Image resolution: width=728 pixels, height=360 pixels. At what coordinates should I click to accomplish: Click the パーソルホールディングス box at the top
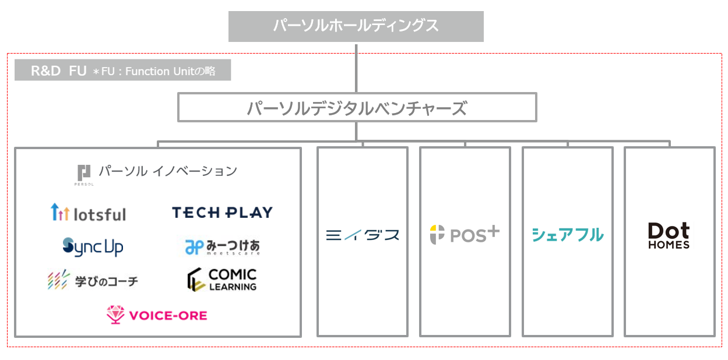(356, 26)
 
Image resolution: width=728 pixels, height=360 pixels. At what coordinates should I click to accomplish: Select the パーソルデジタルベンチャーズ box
(356, 108)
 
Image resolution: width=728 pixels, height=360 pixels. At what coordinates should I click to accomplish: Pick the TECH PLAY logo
(222, 213)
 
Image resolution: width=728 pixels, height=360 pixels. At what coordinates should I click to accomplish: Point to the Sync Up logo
(93, 247)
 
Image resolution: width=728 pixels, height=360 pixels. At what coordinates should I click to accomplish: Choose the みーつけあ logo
(222, 247)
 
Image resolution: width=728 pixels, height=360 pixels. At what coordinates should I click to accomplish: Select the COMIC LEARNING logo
(222, 280)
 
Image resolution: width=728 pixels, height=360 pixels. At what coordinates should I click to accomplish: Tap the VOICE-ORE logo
(157, 315)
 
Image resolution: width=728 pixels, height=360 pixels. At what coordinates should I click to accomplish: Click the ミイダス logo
(362, 235)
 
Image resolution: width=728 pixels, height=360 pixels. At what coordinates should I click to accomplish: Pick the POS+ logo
(465, 234)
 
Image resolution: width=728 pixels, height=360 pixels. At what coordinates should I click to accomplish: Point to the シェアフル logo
(567, 235)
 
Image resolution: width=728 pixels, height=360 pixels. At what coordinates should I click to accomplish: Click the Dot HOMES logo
(669, 235)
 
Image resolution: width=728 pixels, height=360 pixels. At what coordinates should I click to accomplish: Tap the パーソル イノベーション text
(168, 171)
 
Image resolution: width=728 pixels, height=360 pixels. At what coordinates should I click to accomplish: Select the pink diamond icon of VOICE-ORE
(115, 315)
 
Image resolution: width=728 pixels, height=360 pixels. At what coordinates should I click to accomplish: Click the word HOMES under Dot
(669, 245)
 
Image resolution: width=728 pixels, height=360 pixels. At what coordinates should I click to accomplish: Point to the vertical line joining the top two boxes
(356, 68)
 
